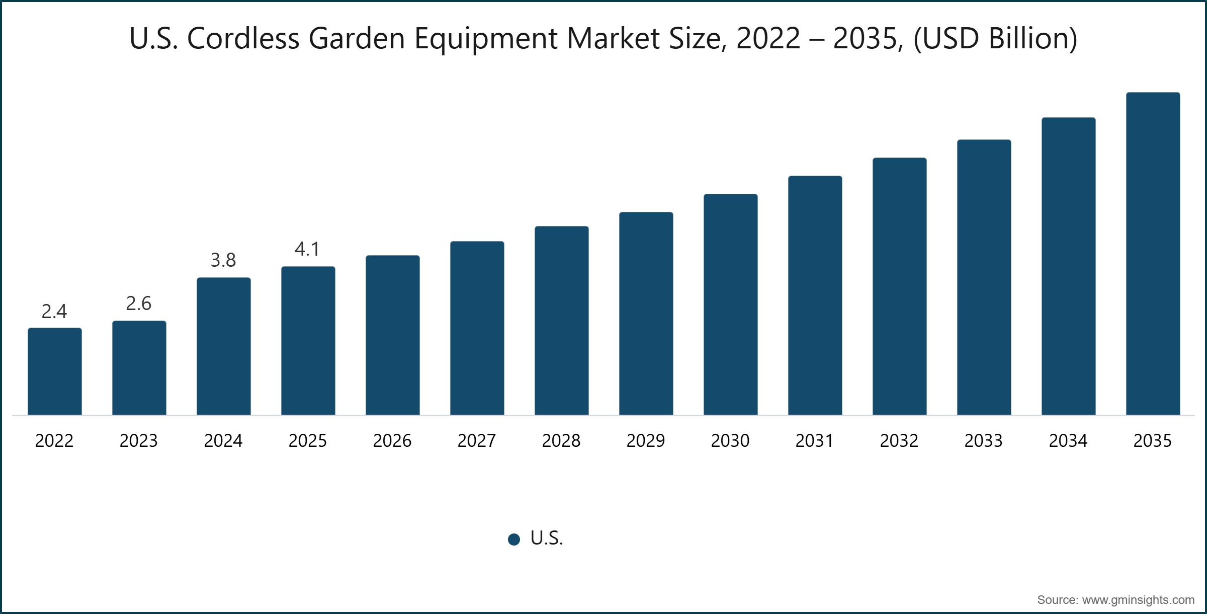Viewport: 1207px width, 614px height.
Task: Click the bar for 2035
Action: pos(1153,254)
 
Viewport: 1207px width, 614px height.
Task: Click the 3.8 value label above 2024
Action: pos(223,260)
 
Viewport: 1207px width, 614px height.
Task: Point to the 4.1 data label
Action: pos(307,249)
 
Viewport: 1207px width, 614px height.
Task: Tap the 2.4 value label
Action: pos(54,312)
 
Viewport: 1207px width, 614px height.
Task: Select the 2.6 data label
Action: pos(139,303)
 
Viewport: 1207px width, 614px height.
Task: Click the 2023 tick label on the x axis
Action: pos(139,441)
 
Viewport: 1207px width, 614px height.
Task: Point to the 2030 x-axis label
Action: pos(730,441)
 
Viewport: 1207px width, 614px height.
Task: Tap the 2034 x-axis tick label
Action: pos(1068,441)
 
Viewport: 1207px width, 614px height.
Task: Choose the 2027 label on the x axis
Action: pos(477,441)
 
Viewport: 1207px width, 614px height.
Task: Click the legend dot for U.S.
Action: pos(514,540)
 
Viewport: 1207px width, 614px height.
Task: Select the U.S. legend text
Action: pos(547,539)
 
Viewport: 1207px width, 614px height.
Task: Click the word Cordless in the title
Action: pos(243,38)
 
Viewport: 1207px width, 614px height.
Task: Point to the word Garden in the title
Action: pos(357,38)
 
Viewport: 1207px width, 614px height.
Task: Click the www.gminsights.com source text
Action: pos(1138,600)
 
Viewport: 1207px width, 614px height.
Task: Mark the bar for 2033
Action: pos(984,277)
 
